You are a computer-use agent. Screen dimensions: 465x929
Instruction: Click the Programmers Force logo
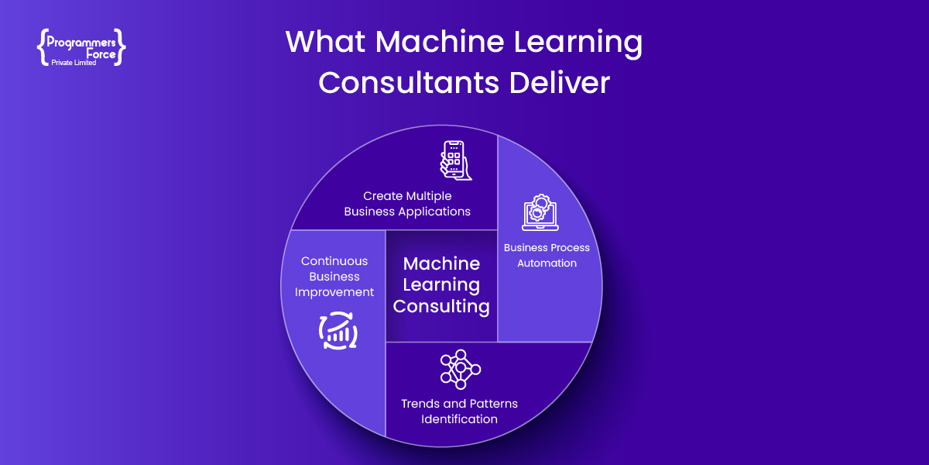coord(81,47)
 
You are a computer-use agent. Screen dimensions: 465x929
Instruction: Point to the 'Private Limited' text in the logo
coord(74,63)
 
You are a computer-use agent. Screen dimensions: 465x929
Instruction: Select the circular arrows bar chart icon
coord(338,330)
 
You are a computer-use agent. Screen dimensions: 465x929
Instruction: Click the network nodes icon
coord(460,369)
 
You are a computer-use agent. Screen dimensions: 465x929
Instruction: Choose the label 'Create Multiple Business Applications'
coord(407,204)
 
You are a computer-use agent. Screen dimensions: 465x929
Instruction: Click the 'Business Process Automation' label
coord(547,256)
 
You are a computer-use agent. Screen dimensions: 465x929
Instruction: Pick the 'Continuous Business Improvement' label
coord(335,277)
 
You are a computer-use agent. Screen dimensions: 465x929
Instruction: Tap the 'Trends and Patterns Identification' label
coord(459,412)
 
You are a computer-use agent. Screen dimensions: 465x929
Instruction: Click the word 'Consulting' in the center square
coord(441,306)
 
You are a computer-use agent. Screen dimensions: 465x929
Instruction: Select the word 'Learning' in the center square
coord(441,285)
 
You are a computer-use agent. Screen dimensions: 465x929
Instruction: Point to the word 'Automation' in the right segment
coord(547,263)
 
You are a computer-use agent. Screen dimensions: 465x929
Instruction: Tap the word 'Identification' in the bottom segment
coord(459,419)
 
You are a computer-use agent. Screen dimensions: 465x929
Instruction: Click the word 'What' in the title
coord(320,43)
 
